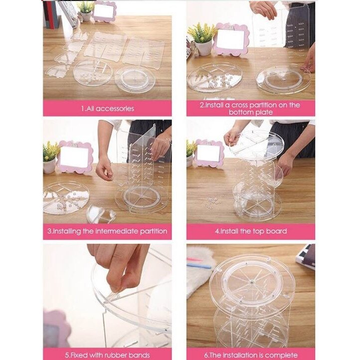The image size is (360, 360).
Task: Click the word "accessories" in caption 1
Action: [x=115, y=108]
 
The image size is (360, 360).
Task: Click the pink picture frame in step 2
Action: [x=231, y=39]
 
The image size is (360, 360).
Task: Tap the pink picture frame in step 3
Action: [x=75, y=157]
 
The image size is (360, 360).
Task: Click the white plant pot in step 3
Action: [x=49, y=166]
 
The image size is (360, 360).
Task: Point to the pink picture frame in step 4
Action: [x=209, y=153]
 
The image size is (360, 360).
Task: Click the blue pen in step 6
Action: [x=199, y=266]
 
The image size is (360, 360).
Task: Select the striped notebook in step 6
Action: [x=305, y=256]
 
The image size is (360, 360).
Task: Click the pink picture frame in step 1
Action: [x=105, y=11]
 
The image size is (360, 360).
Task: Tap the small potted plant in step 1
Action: [x=85, y=11]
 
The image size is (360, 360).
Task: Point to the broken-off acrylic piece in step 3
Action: [x=101, y=214]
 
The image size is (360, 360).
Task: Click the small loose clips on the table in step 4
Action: [x=213, y=201]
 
